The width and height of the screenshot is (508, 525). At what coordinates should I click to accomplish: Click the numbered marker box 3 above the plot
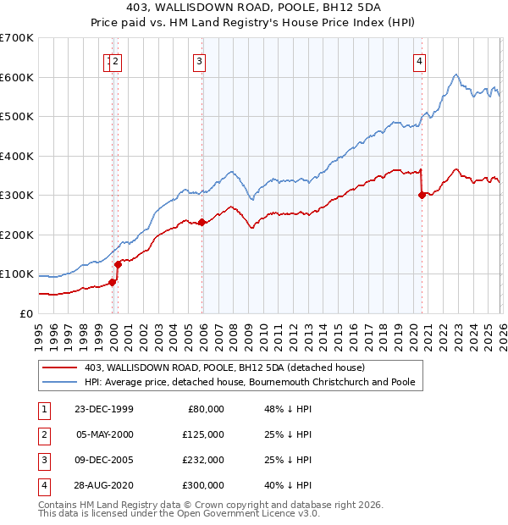[x=199, y=60]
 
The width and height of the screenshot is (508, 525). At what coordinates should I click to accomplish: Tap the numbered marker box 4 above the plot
[x=420, y=60]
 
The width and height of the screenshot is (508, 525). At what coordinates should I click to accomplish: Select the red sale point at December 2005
[x=202, y=223]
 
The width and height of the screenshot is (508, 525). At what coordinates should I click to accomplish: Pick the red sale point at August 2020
[x=422, y=195]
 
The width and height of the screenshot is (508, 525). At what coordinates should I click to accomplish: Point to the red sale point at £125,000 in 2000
[x=119, y=264]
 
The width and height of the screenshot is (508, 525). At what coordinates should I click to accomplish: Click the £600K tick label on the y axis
[x=17, y=77]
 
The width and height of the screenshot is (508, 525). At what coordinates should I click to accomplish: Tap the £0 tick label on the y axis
[x=25, y=313]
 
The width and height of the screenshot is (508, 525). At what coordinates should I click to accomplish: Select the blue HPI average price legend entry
[x=249, y=382]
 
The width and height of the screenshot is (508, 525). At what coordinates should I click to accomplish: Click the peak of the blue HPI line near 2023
[x=456, y=75]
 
